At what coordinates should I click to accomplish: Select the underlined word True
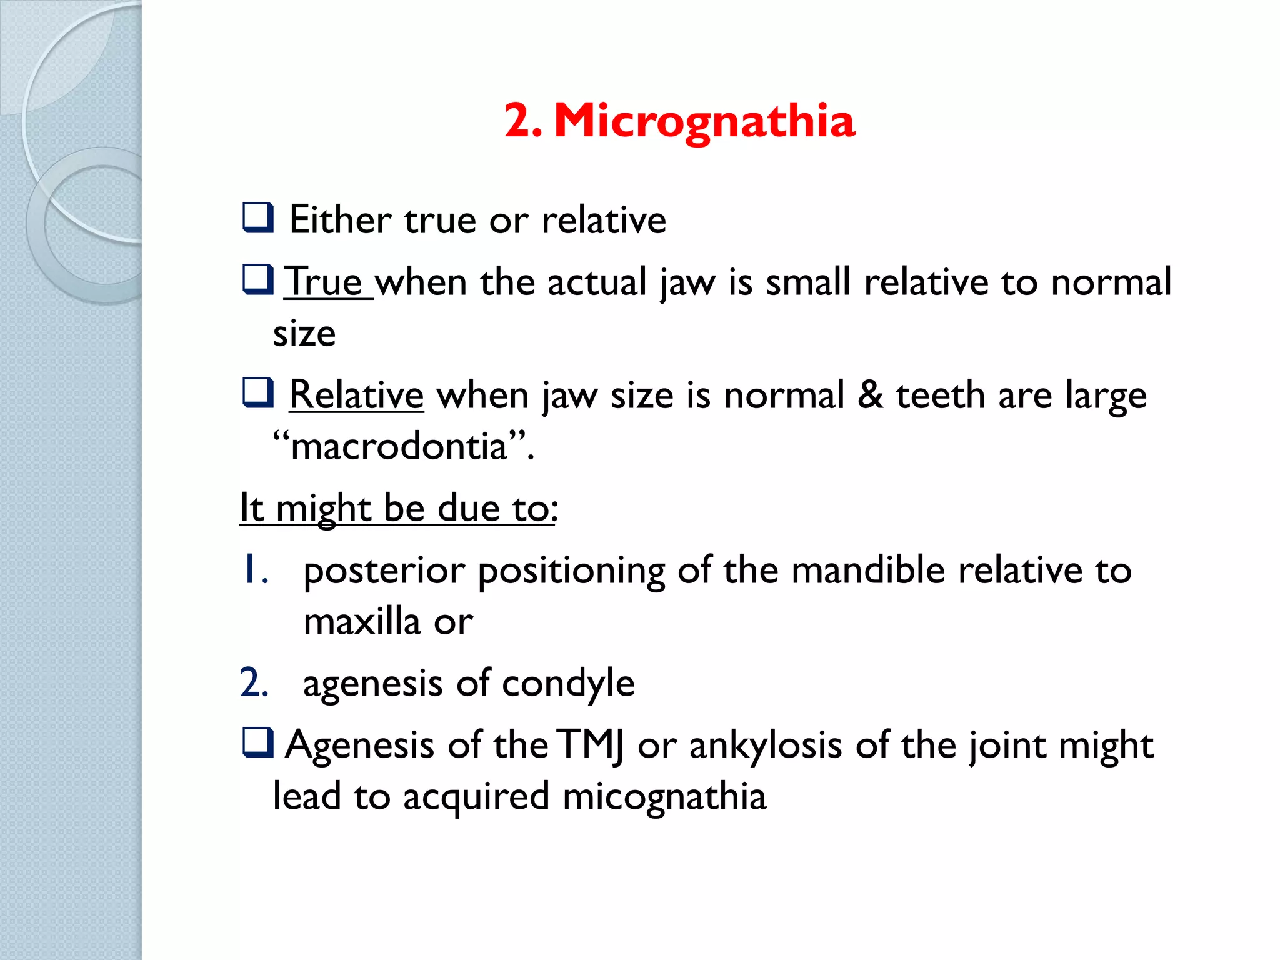[x=324, y=282]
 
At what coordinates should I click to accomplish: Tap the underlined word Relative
[x=356, y=395]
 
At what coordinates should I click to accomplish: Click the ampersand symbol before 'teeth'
[x=870, y=395]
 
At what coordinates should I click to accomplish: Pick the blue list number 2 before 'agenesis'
[x=254, y=682]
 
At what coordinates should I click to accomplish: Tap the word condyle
[x=568, y=684]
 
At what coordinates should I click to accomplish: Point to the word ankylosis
[x=766, y=746]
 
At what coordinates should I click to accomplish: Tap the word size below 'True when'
[x=304, y=334]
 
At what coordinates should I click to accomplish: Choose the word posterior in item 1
[x=384, y=571]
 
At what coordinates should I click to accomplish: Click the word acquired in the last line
[x=476, y=797]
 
